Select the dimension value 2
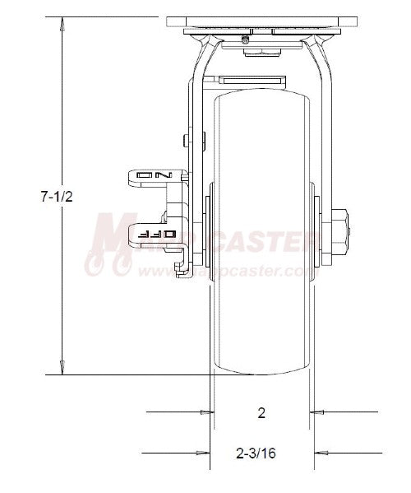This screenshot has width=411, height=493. point(261,413)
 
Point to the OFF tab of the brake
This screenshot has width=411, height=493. point(158,233)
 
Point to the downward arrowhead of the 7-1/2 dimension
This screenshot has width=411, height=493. point(62,370)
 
